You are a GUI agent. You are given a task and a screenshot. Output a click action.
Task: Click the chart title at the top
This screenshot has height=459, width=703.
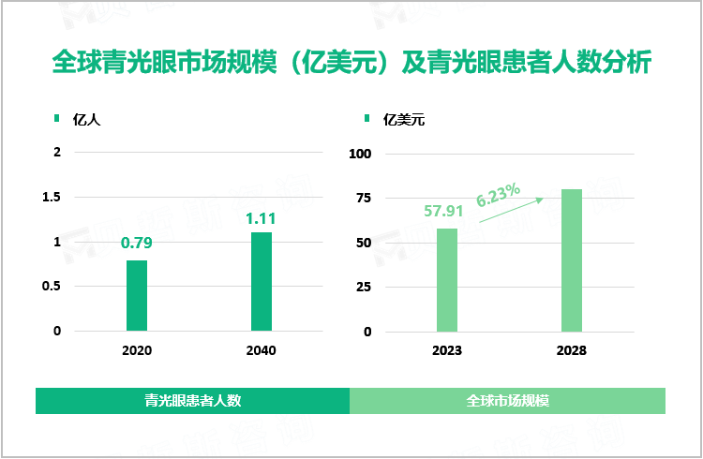pos(351,64)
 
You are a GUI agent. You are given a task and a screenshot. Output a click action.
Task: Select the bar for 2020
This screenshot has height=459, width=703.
pos(137,295)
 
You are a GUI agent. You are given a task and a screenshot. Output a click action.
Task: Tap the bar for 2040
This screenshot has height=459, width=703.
pos(262,281)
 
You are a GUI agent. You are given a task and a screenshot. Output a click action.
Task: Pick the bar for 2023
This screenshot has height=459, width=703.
pos(447,279)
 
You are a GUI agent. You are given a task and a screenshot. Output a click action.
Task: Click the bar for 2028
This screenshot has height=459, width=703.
pos(572,259)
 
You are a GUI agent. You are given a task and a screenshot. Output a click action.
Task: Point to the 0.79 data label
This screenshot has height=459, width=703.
pos(137,244)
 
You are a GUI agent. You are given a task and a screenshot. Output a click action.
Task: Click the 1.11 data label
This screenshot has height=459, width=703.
pos(261,218)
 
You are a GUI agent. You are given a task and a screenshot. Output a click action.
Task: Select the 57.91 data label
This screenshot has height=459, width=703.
pos(445,212)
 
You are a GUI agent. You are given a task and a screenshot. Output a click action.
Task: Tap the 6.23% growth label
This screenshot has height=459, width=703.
pos(498,196)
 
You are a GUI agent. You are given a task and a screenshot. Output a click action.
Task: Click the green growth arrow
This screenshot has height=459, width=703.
pos(511,210)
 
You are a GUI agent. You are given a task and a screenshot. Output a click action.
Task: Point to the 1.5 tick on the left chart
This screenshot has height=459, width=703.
pos(52,197)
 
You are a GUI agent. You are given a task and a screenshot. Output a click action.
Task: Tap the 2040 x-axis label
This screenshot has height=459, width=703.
pos(261,350)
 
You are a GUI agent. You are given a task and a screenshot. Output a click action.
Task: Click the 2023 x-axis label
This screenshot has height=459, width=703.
pos(446,350)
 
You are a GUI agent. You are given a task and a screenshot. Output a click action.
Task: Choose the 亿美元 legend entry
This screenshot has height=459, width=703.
pos(404,120)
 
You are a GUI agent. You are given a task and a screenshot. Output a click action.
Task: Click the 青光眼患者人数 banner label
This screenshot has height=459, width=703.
pos(193,400)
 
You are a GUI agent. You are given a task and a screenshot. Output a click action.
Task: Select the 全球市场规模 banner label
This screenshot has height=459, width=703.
pos(507,400)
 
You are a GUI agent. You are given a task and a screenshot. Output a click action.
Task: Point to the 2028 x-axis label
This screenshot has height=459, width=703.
pos(571,350)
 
